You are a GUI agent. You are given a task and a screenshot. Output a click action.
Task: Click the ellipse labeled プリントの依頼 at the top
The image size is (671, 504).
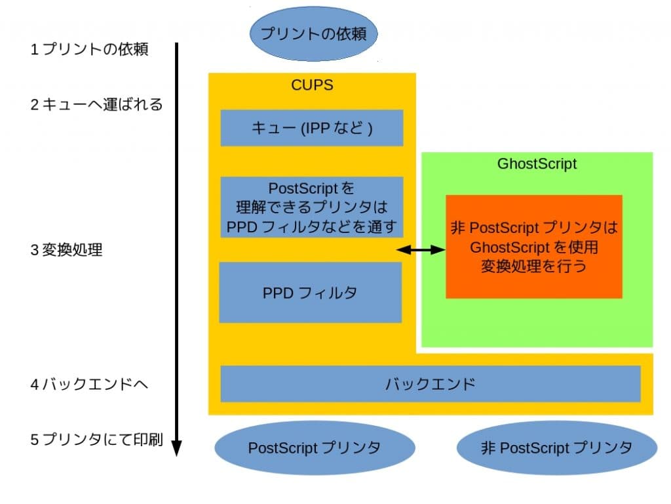tap(313, 33)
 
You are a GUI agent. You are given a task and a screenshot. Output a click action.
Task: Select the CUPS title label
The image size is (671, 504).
tap(312, 85)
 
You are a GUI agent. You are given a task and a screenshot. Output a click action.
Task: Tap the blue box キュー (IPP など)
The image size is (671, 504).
tap(312, 127)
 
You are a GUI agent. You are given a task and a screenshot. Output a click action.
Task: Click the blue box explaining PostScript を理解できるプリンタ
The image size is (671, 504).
tap(312, 207)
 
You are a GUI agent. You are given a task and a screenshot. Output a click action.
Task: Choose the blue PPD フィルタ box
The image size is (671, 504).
tap(310, 293)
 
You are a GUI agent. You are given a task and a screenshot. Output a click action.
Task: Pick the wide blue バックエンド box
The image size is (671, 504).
tap(430, 384)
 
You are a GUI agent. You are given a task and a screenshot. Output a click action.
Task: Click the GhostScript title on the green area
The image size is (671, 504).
tap(537, 163)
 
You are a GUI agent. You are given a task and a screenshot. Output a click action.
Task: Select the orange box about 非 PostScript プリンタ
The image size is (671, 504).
tap(533, 246)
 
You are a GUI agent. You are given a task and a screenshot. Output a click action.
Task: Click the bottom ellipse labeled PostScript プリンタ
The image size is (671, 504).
tap(315, 448)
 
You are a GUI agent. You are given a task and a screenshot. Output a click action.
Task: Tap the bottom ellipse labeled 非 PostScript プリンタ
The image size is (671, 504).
tap(556, 448)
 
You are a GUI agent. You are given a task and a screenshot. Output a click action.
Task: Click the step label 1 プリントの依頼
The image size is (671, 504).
tap(89, 50)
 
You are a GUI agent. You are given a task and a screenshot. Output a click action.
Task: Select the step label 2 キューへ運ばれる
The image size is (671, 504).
tap(96, 104)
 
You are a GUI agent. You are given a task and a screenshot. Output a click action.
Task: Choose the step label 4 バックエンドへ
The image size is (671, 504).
tap(89, 384)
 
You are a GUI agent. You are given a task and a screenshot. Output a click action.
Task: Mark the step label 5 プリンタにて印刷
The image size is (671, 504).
tap(96, 440)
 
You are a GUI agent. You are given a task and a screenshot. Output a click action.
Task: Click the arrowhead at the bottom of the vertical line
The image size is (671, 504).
tap(176, 449)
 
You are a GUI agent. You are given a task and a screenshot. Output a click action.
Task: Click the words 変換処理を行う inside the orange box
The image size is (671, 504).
tap(533, 266)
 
